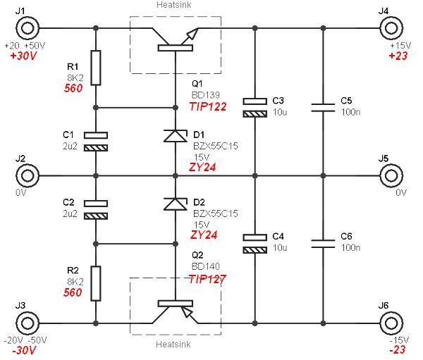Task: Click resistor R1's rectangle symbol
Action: pos(96,68)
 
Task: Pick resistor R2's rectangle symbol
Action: pos(96,283)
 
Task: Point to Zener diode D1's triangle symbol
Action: pos(176,136)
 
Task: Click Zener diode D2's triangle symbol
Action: pos(176,204)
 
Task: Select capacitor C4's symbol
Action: pos(255,244)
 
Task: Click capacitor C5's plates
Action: pos(323,107)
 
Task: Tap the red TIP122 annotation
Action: pos(208,107)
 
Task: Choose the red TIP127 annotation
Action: pos(207,280)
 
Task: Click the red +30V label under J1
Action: pos(23,56)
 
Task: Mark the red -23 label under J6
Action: pos(398,349)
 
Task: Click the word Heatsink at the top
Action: pos(173,5)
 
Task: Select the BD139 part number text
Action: pos(206,95)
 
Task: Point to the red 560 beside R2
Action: pos(73,292)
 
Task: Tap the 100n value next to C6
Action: pos(350,247)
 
